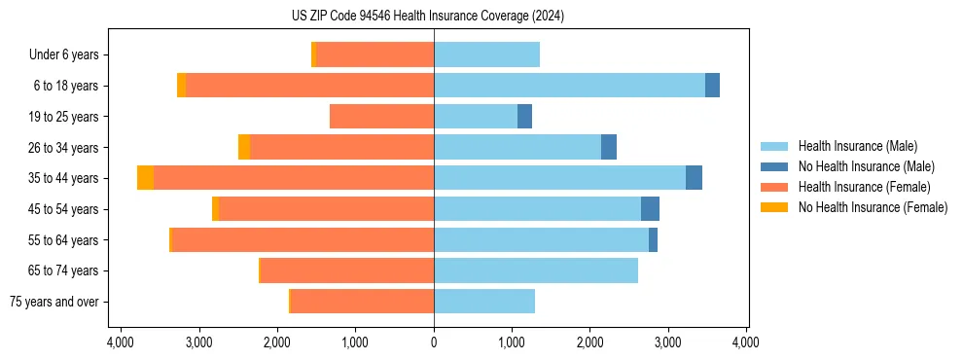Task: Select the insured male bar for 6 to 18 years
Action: [x=569, y=86]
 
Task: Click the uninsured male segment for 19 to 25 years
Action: [x=524, y=117]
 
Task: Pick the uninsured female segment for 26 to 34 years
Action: [x=244, y=147]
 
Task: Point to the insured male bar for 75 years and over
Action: [x=484, y=302]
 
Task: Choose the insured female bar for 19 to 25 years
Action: [x=381, y=117]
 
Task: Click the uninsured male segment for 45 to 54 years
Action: [x=650, y=209]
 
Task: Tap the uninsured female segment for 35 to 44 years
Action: [x=145, y=178]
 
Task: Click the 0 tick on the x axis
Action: [x=434, y=342]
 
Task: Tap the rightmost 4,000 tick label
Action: [x=746, y=342]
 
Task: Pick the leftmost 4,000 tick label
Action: [x=121, y=342]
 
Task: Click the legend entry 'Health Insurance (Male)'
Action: [x=857, y=146]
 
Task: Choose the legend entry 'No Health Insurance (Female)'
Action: [x=873, y=207]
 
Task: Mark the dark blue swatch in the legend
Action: [x=774, y=166]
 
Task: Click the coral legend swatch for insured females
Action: [x=774, y=187]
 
